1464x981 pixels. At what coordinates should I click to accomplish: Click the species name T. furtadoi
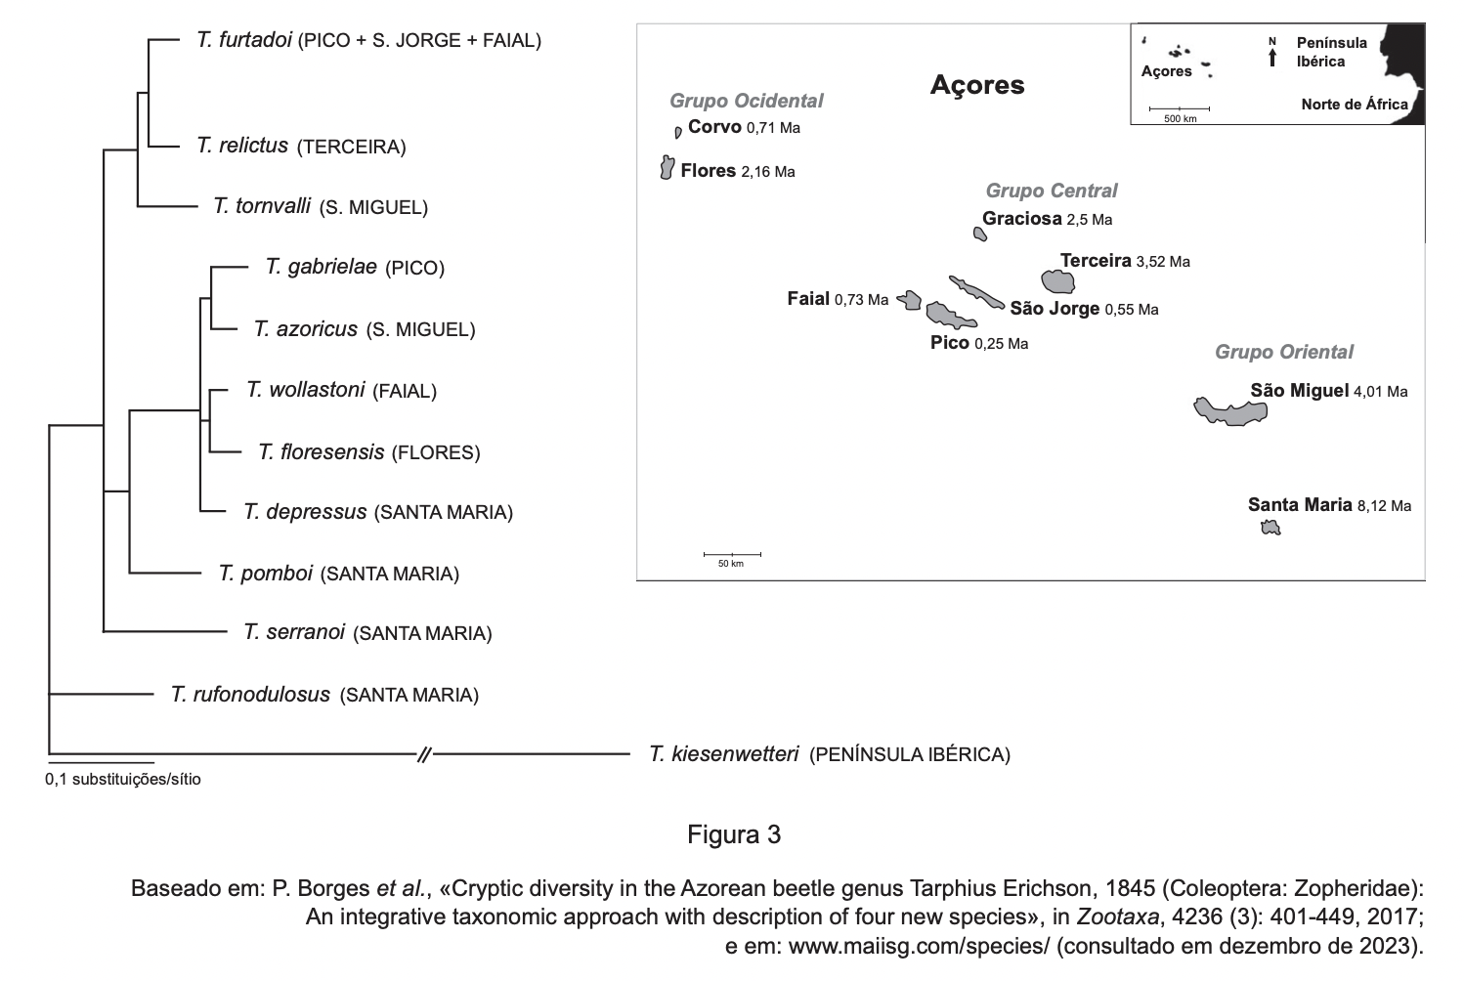pyautogui.click(x=243, y=40)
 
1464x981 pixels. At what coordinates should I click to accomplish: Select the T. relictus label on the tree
pyautogui.click(x=241, y=146)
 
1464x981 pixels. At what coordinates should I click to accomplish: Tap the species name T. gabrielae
pyautogui.click(x=321, y=267)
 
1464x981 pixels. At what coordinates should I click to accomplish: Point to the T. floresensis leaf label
pyautogui.click(x=321, y=451)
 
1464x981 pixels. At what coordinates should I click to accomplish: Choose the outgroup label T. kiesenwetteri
pyautogui.click(x=723, y=753)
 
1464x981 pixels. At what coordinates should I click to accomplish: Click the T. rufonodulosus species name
pyautogui.click(x=250, y=695)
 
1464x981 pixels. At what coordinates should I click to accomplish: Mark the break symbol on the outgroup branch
pyautogui.click(x=424, y=753)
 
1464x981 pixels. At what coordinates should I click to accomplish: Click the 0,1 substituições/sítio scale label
pyautogui.click(x=123, y=780)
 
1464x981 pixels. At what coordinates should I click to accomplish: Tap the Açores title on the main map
pyautogui.click(x=976, y=85)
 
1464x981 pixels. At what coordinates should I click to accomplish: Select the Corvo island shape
pyautogui.click(x=678, y=132)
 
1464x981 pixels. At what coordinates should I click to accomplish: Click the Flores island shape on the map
pyautogui.click(x=667, y=168)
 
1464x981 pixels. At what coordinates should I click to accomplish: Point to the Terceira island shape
pyautogui.click(x=1057, y=282)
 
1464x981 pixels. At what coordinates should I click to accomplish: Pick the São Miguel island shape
pyautogui.click(x=1231, y=411)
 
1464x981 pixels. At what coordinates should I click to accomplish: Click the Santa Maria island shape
pyautogui.click(x=1270, y=529)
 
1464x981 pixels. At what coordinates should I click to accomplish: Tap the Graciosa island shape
pyautogui.click(x=979, y=234)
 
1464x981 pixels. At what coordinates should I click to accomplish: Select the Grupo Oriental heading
pyautogui.click(x=1283, y=352)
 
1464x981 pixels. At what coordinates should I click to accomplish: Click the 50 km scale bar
pyautogui.click(x=731, y=555)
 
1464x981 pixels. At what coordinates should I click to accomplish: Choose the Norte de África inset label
pyautogui.click(x=1354, y=105)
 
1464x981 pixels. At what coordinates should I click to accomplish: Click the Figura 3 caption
pyautogui.click(x=733, y=835)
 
